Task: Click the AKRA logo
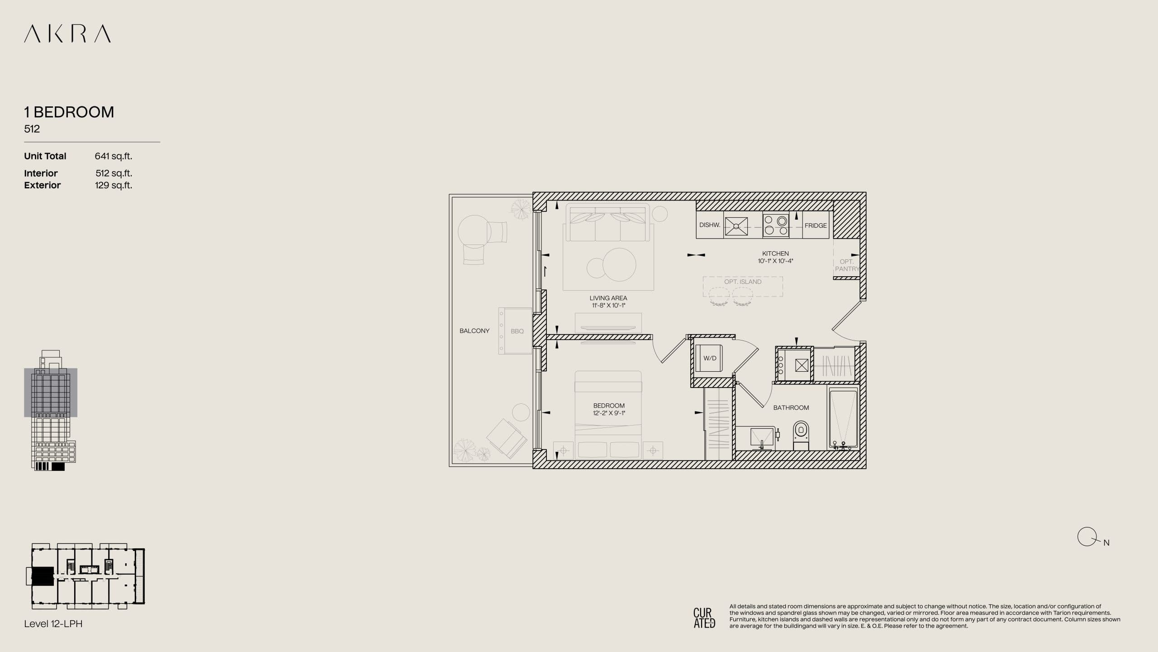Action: pyautogui.click(x=67, y=34)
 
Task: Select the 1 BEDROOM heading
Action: pyautogui.click(x=69, y=112)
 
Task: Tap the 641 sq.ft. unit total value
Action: pyautogui.click(x=113, y=156)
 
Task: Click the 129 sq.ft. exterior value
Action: pyautogui.click(x=114, y=185)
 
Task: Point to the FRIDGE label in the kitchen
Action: pyautogui.click(x=816, y=225)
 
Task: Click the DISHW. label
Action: pyautogui.click(x=710, y=225)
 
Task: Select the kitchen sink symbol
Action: pyautogui.click(x=736, y=226)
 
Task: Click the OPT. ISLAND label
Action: pyautogui.click(x=743, y=282)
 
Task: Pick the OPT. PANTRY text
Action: pyautogui.click(x=847, y=265)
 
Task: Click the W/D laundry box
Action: pyautogui.click(x=709, y=358)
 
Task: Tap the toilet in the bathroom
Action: pyautogui.click(x=801, y=435)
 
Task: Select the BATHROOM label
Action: pyautogui.click(x=791, y=407)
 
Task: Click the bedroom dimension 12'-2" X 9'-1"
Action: pyautogui.click(x=609, y=413)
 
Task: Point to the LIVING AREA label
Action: pyautogui.click(x=608, y=298)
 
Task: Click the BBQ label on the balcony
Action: pyautogui.click(x=517, y=331)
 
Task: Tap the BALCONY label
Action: pyautogui.click(x=474, y=331)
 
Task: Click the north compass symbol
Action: pyautogui.click(x=1087, y=537)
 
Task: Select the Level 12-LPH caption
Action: pyautogui.click(x=53, y=623)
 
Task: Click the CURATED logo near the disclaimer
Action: pyautogui.click(x=704, y=618)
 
